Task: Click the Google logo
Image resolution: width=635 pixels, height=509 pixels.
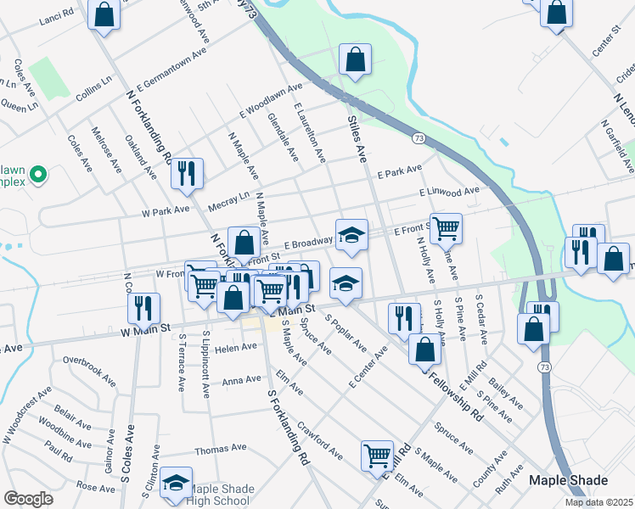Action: pos(29,499)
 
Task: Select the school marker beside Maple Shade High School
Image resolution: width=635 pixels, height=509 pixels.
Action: pos(176,482)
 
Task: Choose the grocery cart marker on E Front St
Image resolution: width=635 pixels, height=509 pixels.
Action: pos(445,227)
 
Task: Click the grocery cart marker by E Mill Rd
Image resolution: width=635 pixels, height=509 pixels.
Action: pos(376,455)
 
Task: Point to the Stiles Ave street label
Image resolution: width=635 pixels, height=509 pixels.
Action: pos(357,140)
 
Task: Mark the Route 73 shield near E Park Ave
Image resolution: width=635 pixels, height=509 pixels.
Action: pos(419,137)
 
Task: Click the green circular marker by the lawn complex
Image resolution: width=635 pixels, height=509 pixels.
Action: pos(37,176)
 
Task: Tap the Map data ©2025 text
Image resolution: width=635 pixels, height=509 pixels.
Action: pos(598,502)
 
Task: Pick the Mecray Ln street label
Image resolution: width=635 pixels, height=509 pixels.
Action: pos(228,200)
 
